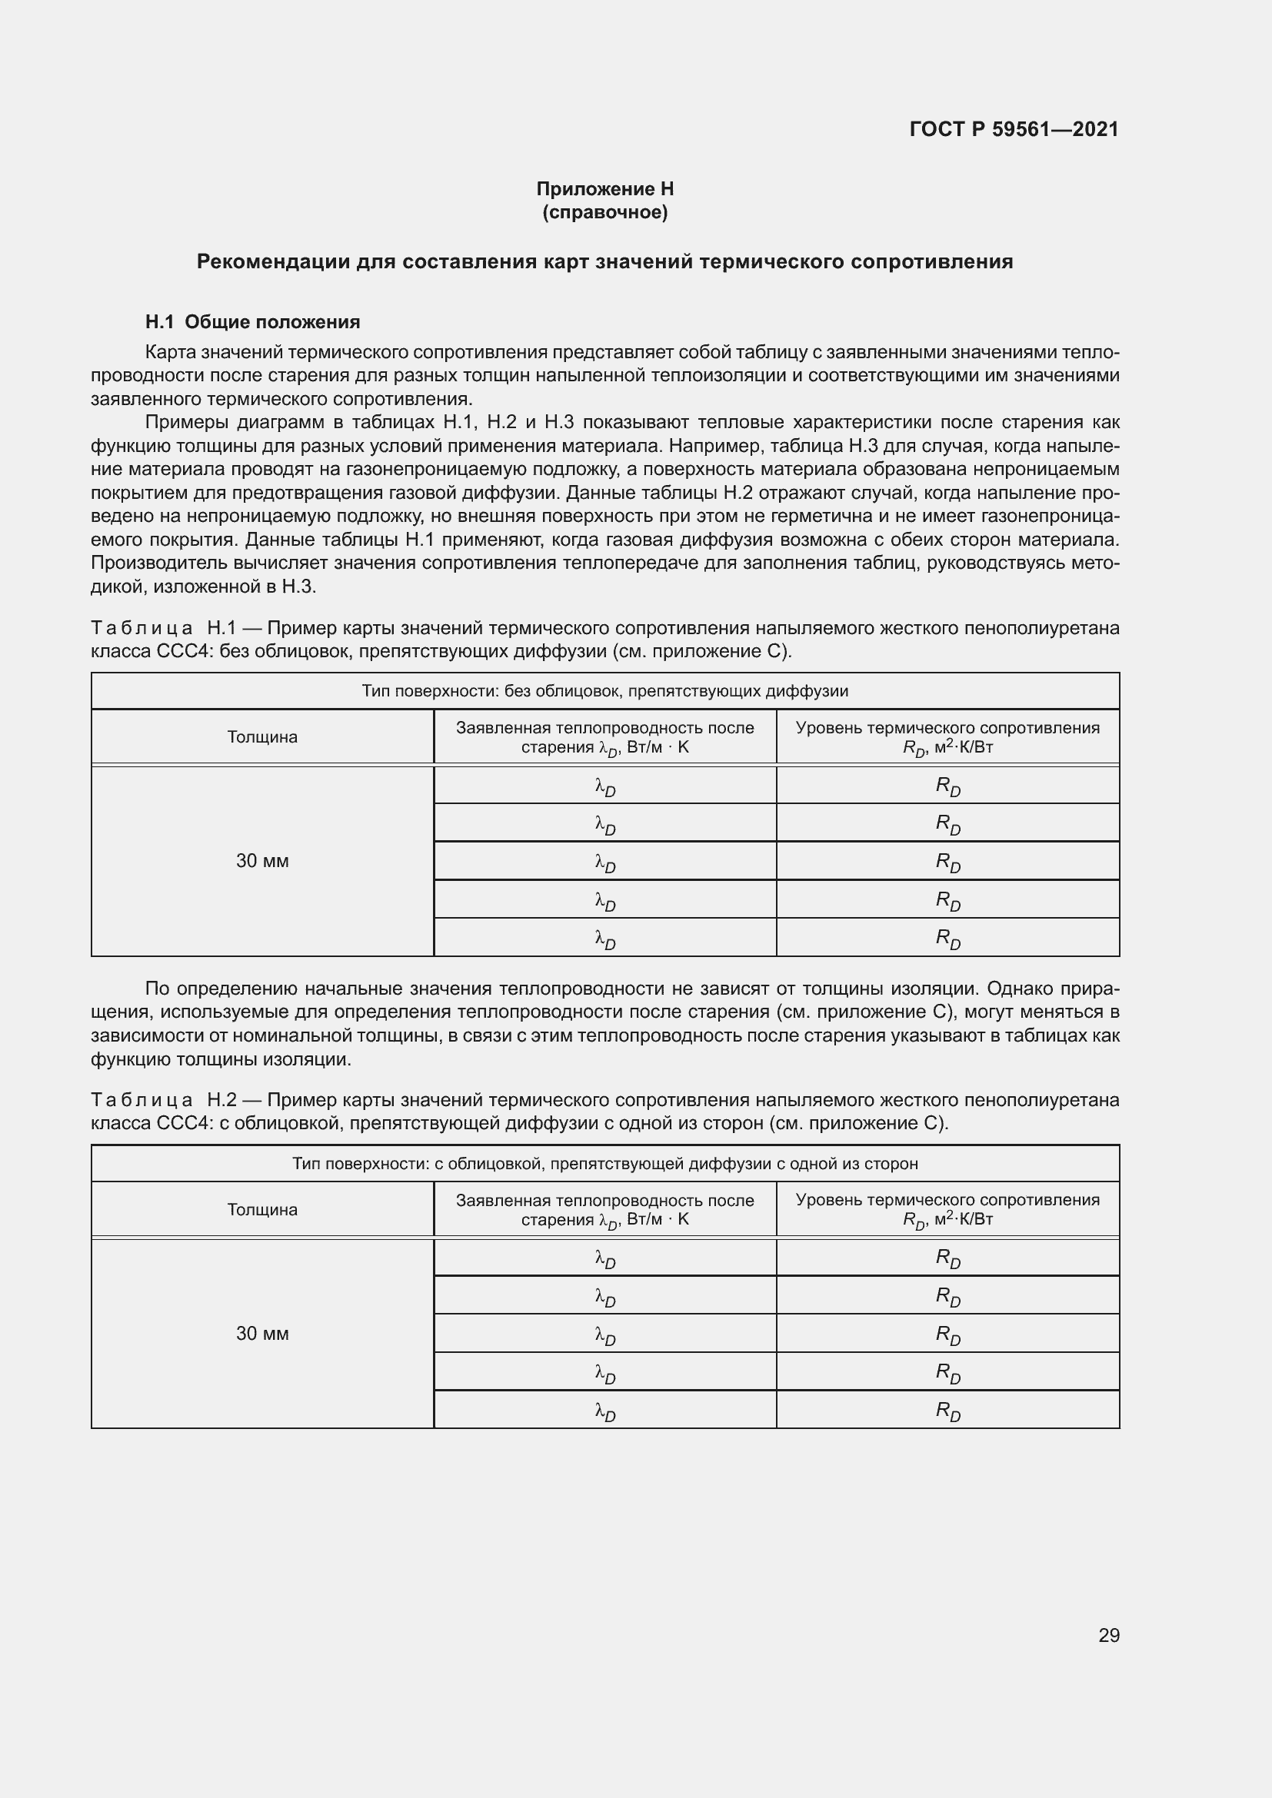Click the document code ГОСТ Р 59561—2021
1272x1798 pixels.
point(1014,129)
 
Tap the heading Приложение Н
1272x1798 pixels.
point(604,189)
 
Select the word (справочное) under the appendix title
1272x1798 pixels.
point(604,212)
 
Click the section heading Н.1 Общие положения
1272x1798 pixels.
point(252,322)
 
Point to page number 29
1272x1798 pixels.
point(1108,1635)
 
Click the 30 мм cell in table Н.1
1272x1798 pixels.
point(262,861)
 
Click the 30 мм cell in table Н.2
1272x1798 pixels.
point(262,1333)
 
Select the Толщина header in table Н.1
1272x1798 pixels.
point(262,737)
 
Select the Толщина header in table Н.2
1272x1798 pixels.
point(262,1209)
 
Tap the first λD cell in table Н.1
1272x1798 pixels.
point(604,786)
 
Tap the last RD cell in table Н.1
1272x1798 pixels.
point(947,937)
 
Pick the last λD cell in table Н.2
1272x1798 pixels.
point(604,1410)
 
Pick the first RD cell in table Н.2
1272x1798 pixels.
point(947,1258)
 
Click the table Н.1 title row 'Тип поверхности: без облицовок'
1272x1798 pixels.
point(604,691)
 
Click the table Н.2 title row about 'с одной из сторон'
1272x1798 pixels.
point(604,1164)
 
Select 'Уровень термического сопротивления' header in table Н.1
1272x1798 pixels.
point(947,728)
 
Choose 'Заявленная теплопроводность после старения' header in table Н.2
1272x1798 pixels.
point(604,1209)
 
